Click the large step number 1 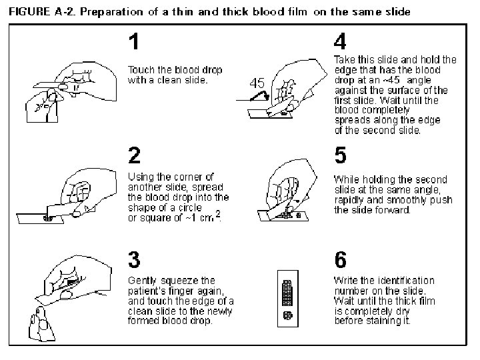point(134,41)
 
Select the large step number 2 point(135,155)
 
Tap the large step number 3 point(134,259)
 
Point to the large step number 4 point(340,41)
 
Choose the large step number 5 point(341,155)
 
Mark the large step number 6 point(341,259)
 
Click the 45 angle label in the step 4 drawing point(257,83)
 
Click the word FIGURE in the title point(29,12)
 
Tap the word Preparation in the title point(111,13)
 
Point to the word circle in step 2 point(190,207)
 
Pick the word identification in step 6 point(406,281)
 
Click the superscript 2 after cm point(217,214)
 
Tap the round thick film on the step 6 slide point(288,315)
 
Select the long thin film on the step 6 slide point(287,293)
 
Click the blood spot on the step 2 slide point(48,218)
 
